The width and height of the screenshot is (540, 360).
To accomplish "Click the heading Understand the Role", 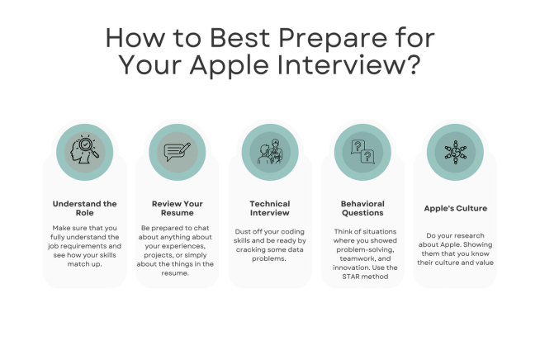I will point(85,208).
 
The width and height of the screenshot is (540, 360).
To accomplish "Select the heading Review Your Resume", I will point(178,208).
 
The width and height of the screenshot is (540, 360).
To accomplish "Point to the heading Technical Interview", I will point(270,208).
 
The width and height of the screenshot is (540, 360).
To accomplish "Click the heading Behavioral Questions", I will point(362,208).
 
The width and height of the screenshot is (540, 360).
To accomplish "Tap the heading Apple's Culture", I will point(455,208).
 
